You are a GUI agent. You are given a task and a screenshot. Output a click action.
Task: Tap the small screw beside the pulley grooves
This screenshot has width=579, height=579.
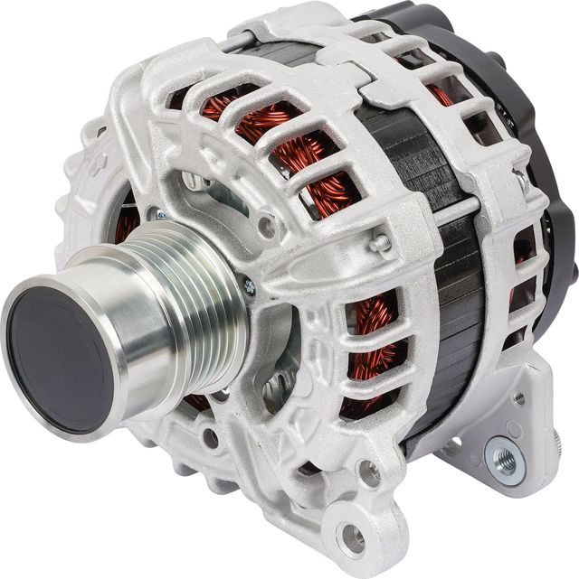click(249, 287)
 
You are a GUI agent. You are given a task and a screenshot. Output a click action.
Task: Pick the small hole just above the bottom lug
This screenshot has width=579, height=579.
click(368, 471)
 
